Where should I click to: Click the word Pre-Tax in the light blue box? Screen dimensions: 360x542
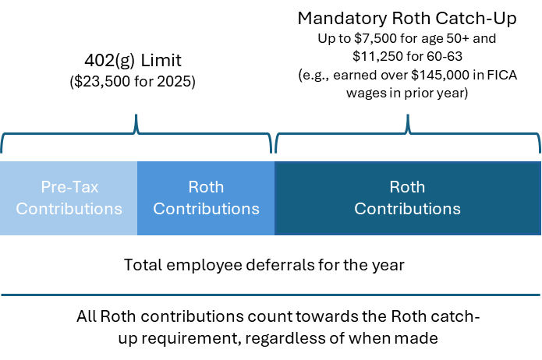point(69,187)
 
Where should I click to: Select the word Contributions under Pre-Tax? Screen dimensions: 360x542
point(69,209)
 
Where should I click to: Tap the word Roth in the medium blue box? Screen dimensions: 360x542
point(206,187)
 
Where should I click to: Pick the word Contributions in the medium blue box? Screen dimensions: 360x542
point(206,209)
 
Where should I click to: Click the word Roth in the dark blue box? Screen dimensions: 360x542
point(407,187)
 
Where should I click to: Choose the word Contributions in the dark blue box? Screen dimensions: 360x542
point(407,209)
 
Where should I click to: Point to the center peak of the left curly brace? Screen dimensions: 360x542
point(136,117)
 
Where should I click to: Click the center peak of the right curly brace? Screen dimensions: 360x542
point(407,117)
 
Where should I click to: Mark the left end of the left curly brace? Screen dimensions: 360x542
point(2,151)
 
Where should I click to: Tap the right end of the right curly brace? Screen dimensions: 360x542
point(539,151)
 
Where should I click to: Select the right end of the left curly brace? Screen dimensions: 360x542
point(271,151)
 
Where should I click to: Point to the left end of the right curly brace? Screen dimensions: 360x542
point(277,151)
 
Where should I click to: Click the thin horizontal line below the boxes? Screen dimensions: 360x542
point(271,295)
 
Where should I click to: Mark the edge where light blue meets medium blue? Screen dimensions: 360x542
point(137,198)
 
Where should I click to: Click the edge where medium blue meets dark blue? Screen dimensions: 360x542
point(275,198)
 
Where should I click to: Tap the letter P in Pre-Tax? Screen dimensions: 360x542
point(45,187)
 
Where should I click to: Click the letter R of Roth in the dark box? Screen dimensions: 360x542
point(394,187)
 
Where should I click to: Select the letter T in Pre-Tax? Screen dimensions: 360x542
point(79,187)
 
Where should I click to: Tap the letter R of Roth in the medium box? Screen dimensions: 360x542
point(193,187)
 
